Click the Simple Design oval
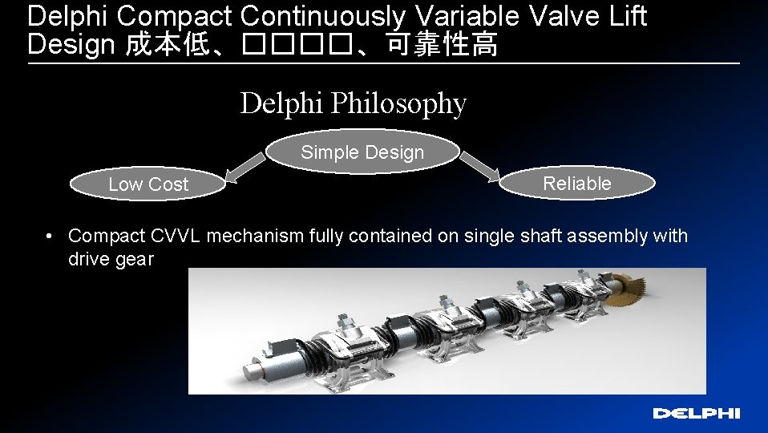coord(362,152)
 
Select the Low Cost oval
coord(148,184)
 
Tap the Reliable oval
coord(576,184)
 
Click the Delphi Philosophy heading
coord(353,104)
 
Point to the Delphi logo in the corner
coord(696,414)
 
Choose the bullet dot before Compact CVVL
coord(50,236)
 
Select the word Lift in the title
coord(629,16)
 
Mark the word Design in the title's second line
coord(71,46)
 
